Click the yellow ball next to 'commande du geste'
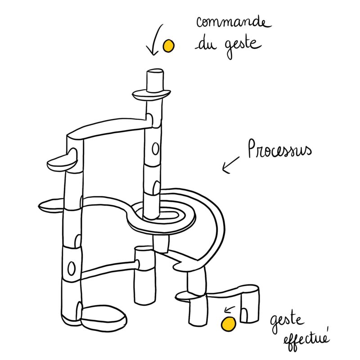pyautogui.click(x=168, y=45)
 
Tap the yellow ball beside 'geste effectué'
pyautogui.click(x=229, y=324)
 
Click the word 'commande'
pyautogui.click(x=234, y=22)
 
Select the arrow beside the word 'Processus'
pyautogui.click(x=230, y=165)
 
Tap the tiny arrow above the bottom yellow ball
pyautogui.click(x=229, y=309)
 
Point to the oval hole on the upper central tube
pyautogui.click(x=155, y=148)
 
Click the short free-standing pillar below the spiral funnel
pyautogui.click(x=144, y=275)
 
